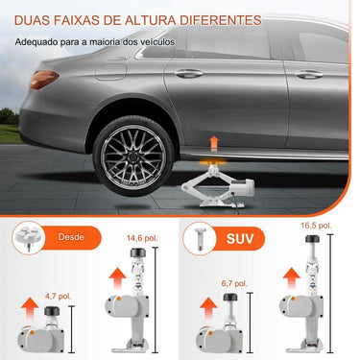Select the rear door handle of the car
[x=190, y=74]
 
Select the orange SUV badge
[x=241, y=236]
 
